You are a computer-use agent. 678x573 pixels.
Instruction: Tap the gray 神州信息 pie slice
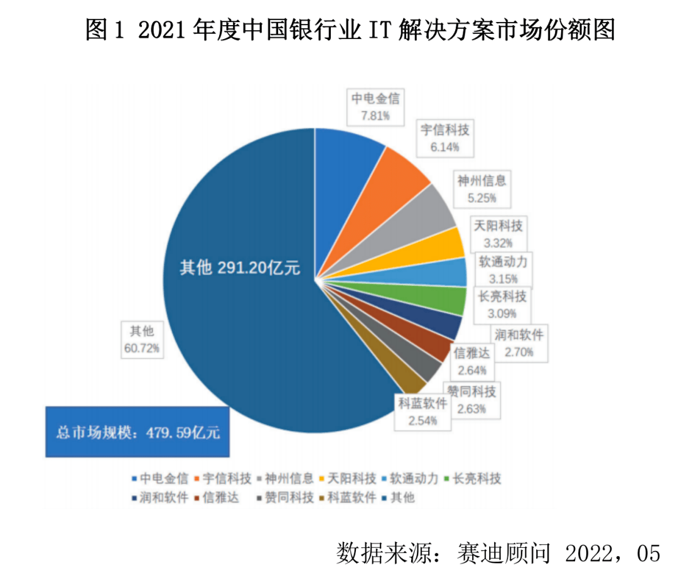tap(411, 221)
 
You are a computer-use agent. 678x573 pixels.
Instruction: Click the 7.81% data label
tap(375, 116)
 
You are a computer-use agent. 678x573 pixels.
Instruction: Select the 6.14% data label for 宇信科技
tap(444, 147)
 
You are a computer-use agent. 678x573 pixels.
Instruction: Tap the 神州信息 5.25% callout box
tap(482, 189)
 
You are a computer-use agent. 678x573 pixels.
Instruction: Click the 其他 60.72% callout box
tap(142, 340)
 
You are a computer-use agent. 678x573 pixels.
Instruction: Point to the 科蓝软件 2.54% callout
tap(422, 412)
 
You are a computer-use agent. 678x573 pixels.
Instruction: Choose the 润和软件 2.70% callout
tap(519, 343)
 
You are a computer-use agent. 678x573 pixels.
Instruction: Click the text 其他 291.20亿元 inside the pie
tap(240, 268)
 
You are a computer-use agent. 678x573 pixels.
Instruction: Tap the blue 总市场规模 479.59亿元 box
tap(137, 432)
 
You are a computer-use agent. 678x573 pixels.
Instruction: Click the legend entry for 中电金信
tap(160, 478)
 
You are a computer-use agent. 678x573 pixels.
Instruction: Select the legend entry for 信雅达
tap(216, 497)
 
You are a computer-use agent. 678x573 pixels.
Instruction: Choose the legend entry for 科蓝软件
tap(348, 497)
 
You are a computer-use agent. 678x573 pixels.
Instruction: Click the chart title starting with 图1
tap(350, 30)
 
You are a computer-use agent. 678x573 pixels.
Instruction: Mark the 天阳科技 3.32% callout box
tap(498, 234)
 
